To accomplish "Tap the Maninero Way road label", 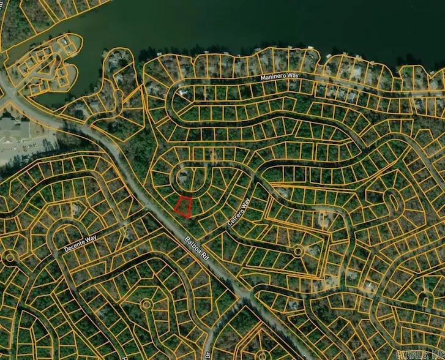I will pos(279,77).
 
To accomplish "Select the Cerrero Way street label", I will pos(239,212).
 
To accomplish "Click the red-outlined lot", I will pos(183,207).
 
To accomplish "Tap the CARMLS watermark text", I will pos(422,354).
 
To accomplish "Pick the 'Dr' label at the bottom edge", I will pos(208,354).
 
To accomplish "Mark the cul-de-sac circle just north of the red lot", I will pos(183,179).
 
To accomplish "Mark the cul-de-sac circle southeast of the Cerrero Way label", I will pos(297,250).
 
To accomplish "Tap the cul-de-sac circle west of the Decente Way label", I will pos(9,257).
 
